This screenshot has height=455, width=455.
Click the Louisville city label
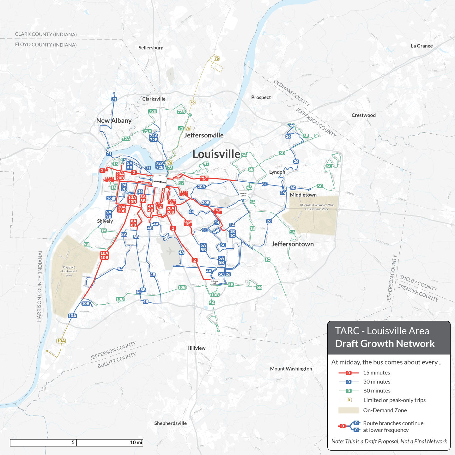[x=216, y=154]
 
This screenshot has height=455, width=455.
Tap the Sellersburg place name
[x=151, y=48]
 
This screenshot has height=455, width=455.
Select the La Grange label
[x=422, y=46]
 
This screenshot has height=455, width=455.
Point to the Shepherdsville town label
[x=170, y=423]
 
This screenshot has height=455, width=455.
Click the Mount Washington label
[x=291, y=369]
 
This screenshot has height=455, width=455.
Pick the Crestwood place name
[x=363, y=115]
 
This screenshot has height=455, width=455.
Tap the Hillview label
[x=196, y=348]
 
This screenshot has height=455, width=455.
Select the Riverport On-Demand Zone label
[x=69, y=271]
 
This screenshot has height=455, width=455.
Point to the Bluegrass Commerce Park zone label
[x=317, y=207]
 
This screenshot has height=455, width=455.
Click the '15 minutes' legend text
[x=376, y=373]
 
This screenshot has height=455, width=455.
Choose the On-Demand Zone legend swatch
[x=349, y=410]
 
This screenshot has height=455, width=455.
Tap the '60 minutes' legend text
[x=377, y=391]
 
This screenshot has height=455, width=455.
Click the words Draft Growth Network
[x=385, y=343]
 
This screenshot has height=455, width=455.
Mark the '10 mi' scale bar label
[x=136, y=442]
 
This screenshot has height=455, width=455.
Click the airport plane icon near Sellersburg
[x=171, y=75]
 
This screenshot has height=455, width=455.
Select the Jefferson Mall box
[x=214, y=282]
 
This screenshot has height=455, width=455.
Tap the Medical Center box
[x=243, y=195]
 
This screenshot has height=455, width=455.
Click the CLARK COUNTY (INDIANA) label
[x=46, y=34]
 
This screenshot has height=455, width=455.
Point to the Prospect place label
[x=261, y=97]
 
